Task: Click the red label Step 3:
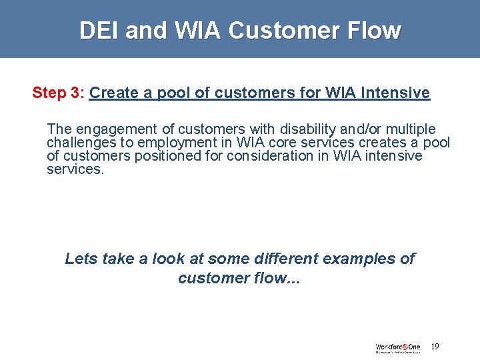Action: (58, 93)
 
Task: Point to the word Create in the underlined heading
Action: (113, 93)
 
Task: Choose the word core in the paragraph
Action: (277, 143)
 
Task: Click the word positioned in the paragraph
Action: (155, 156)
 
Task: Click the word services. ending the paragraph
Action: (75, 169)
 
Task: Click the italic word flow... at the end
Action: (273, 278)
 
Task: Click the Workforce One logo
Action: (397, 347)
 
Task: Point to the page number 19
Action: (435, 347)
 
